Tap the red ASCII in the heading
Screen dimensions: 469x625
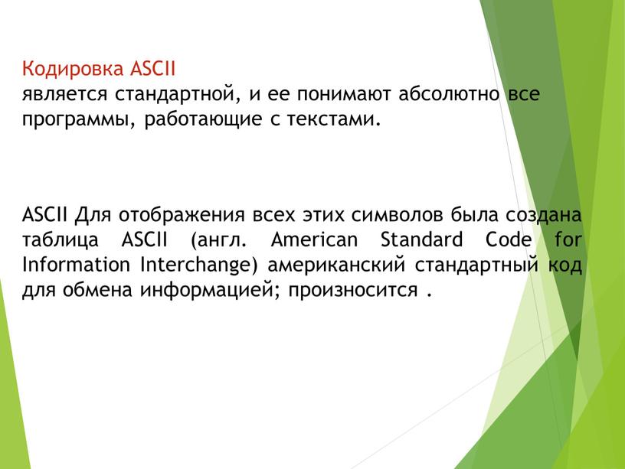(153, 70)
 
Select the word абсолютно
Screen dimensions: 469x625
(452, 95)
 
